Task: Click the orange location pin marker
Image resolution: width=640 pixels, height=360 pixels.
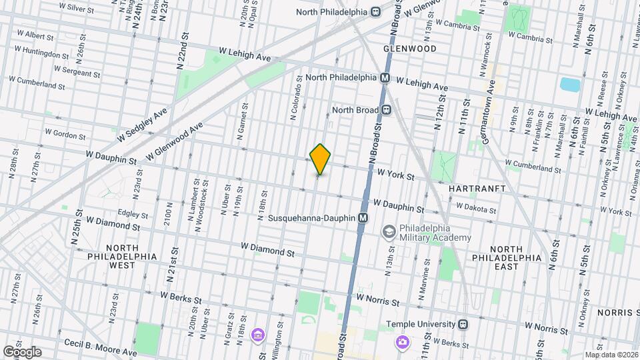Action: point(321,159)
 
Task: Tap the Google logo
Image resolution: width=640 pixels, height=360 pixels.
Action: point(21,351)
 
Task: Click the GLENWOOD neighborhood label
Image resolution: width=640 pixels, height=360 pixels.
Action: point(409,49)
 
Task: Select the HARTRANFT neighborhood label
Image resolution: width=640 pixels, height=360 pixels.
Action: point(475,189)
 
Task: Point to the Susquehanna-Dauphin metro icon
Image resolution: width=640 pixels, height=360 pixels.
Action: point(363,217)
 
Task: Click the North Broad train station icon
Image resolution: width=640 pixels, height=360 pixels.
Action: point(385,110)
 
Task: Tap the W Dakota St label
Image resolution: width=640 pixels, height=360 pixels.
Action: point(474,209)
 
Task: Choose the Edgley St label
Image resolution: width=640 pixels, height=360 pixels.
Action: point(132,215)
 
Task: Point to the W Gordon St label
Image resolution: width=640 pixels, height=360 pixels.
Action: point(64,135)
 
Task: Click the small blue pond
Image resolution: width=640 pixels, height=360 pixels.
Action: point(570,85)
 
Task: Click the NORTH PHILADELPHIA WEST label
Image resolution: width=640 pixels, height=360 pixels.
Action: point(121,256)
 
